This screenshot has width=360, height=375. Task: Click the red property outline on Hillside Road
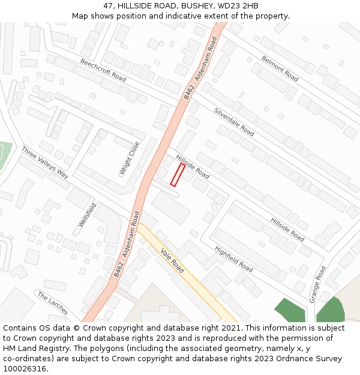(178, 175)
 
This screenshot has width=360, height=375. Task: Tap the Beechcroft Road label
(103, 71)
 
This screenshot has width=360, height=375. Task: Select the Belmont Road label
(280, 68)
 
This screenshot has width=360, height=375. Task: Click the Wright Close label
(130, 158)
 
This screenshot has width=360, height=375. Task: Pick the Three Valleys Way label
(45, 163)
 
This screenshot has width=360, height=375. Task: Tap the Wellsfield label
(87, 215)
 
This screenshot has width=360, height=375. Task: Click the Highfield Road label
(234, 259)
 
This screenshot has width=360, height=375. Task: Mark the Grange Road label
(317, 285)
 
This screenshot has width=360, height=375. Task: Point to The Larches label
(52, 303)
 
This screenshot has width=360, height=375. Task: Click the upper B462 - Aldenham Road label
(200, 67)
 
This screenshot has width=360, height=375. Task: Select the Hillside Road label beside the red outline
(193, 166)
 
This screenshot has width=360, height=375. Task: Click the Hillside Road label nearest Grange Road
(287, 229)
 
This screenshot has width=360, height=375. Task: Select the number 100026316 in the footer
(25, 368)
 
